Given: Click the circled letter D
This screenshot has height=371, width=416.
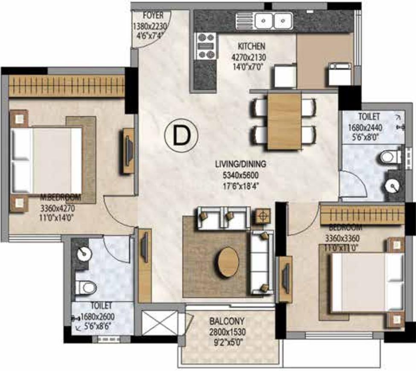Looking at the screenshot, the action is pyautogui.click(x=181, y=135).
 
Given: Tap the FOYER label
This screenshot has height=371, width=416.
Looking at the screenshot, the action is pyautogui.click(x=153, y=15).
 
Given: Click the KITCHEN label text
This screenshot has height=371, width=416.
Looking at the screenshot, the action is pyautogui.click(x=251, y=46).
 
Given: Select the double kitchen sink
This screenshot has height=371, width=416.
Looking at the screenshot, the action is pyautogui.click(x=274, y=20).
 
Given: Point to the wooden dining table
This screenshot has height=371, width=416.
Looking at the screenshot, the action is pyautogui.click(x=285, y=121).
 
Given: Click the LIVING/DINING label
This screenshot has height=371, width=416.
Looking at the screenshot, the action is pyautogui.click(x=240, y=164).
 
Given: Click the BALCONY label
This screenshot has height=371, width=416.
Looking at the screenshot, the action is pyautogui.click(x=227, y=321).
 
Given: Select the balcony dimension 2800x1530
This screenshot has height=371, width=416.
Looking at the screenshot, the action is pyautogui.click(x=227, y=332).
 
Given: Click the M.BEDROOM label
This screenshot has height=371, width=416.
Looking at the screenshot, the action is pyautogui.click(x=61, y=197).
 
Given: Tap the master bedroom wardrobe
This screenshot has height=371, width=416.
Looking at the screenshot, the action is pyautogui.click(x=67, y=86).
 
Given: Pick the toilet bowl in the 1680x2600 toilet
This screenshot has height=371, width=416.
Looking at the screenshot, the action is pyautogui.click(x=85, y=287).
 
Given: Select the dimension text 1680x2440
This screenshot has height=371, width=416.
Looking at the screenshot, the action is pyautogui.click(x=365, y=128).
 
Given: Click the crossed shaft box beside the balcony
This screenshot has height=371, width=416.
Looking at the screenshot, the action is pyautogui.click(x=160, y=323).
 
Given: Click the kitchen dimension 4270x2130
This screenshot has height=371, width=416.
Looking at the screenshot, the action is pyautogui.click(x=249, y=57).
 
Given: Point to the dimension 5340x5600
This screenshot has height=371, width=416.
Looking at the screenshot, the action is pyautogui.click(x=240, y=175).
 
